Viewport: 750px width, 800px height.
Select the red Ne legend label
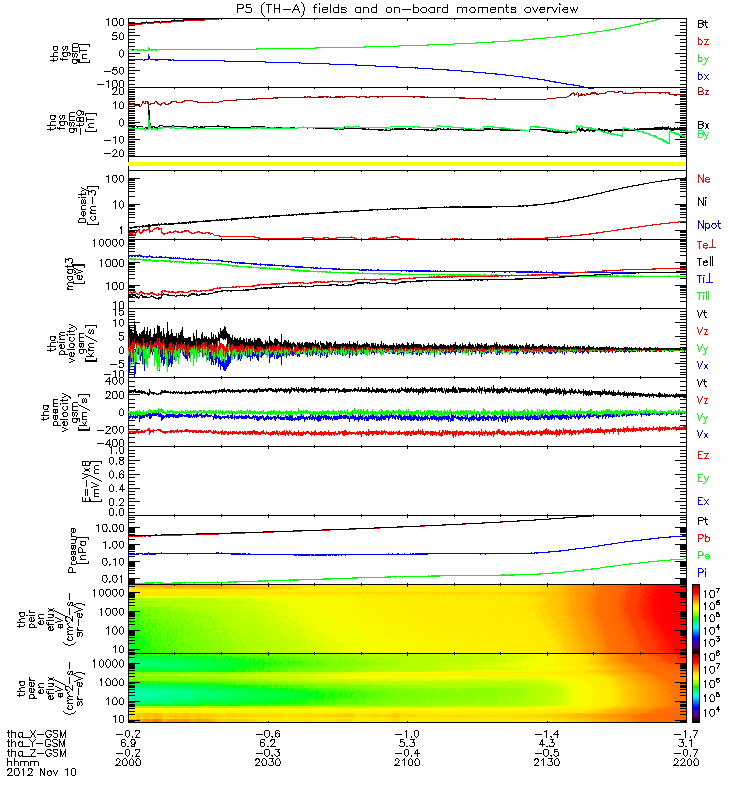pyautogui.click(x=704, y=179)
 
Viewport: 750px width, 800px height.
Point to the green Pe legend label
pyautogui.click(x=703, y=555)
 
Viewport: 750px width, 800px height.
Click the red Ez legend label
pyautogui.click(x=703, y=455)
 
